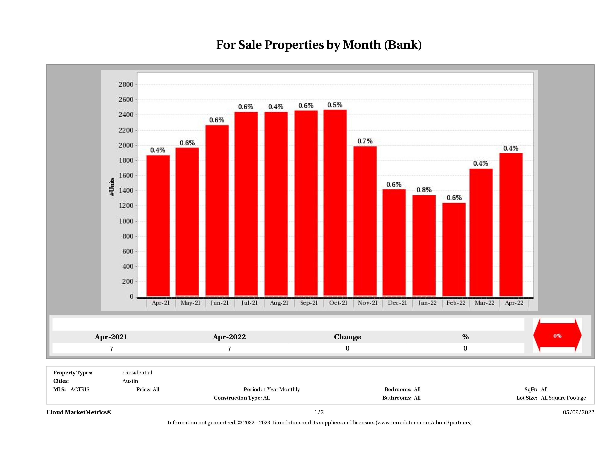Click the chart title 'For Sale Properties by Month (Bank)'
click(319, 45)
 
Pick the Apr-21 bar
click(158, 226)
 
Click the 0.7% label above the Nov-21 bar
click(365, 141)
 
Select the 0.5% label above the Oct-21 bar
click(335, 105)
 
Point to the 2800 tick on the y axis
click(126, 85)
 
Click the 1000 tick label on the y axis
click(126, 221)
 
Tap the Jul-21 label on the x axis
click(249, 303)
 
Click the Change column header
click(347, 337)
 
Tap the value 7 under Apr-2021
click(111, 348)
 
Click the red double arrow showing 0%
click(557, 336)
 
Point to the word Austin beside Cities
click(130, 381)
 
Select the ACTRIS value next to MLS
click(80, 389)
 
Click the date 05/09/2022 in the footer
click(578, 412)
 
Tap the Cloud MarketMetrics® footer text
click(79, 412)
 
